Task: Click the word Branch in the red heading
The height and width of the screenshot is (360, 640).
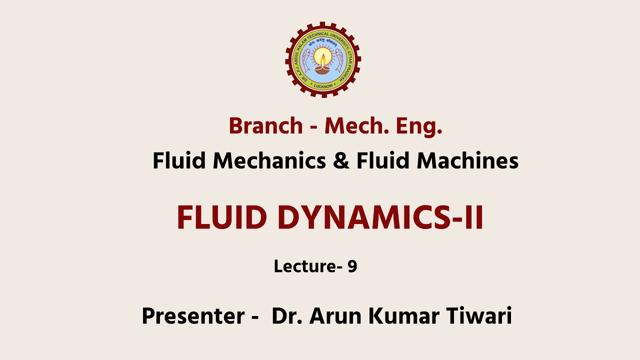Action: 265,126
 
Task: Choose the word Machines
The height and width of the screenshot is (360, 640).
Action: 467,161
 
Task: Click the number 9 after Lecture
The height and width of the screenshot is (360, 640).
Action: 352,266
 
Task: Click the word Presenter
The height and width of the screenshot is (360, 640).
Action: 192,316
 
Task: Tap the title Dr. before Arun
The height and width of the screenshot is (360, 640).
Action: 287,316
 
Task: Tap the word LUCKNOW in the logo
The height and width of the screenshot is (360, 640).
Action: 323,86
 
